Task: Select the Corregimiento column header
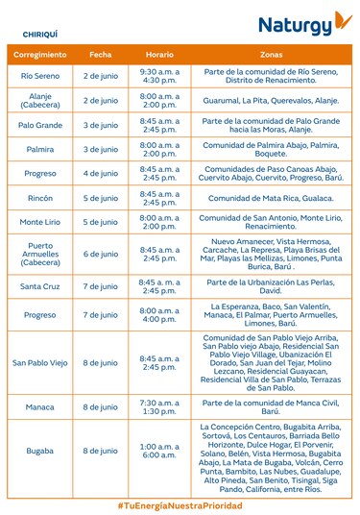tap(41, 56)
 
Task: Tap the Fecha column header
tap(100, 56)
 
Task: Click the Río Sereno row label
tap(41, 75)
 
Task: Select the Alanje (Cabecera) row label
tap(41, 99)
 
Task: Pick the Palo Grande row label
tap(41, 125)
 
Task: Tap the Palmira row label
tap(41, 149)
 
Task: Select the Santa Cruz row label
tap(41, 286)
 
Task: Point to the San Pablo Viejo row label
tap(41, 361)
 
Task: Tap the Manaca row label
tap(41, 406)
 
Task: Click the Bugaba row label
tap(41, 451)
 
